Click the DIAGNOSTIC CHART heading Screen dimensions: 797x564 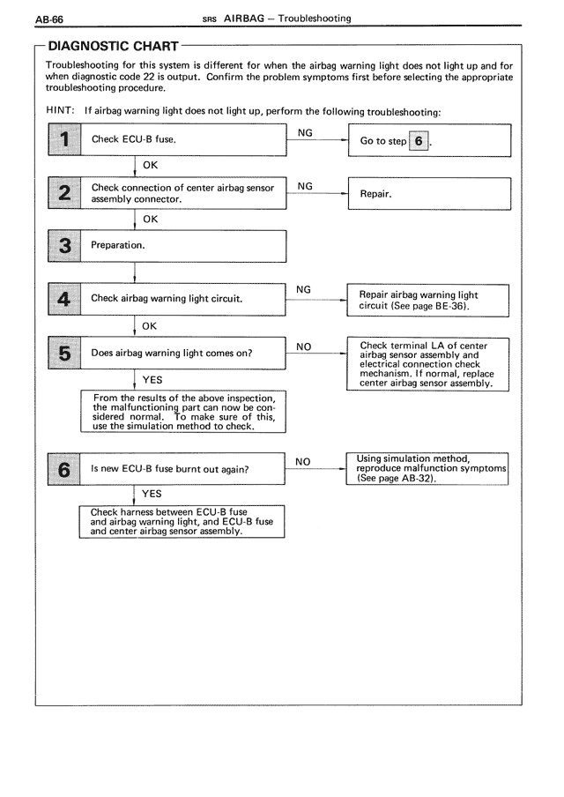[x=113, y=45]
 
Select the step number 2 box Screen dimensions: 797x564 [x=63, y=193]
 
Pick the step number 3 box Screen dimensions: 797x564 [x=63, y=246]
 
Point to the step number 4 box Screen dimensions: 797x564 [x=63, y=299]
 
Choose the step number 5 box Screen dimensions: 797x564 [x=63, y=353]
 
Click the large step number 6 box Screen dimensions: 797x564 [x=63, y=469]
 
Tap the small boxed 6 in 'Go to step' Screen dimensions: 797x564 [x=419, y=141]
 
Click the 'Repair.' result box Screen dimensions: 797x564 [x=430, y=193]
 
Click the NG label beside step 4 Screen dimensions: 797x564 [x=303, y=289]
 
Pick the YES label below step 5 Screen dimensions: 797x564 [x=152, y=379]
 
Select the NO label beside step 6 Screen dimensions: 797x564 [x=303, y=461]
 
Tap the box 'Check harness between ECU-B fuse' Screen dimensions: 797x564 [x=182, y=521]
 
